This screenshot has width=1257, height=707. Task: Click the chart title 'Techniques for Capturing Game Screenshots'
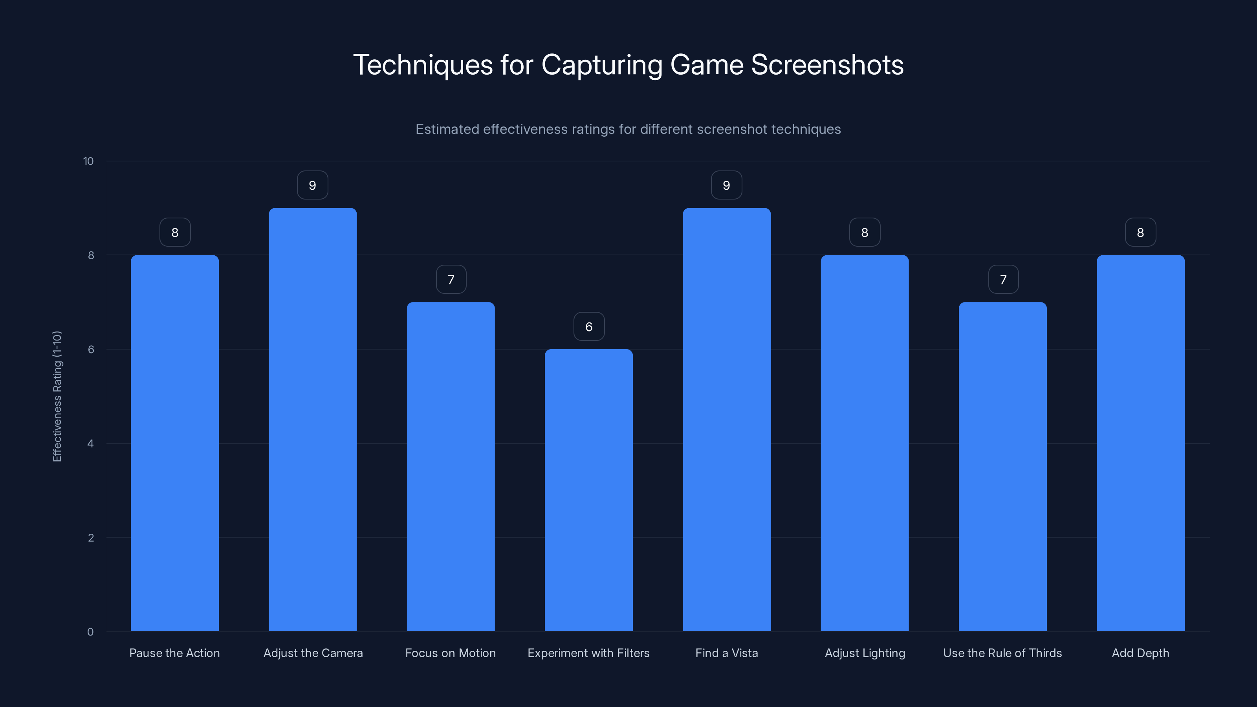[x=628, y=65]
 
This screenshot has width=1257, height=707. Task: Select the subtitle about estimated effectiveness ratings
[x=628, y=129]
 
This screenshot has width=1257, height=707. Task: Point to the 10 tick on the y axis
[x=88, y=161]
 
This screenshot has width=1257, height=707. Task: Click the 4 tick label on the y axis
[x=90, y=443]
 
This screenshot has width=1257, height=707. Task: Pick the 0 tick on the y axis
[x=90, y=632]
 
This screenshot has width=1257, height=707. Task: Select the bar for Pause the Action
[x=175, y=443]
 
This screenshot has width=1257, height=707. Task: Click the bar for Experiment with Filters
[x=588, y=490]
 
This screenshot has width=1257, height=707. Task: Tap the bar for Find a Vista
[x=727, y=419]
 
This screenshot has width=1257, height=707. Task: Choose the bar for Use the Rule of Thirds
[x=1003, y=467]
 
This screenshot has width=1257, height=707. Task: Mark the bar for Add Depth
[x=1140, y=443]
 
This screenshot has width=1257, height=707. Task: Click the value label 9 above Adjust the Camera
[x=312, y=185]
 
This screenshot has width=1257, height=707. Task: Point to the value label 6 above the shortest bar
[x=589, y=327]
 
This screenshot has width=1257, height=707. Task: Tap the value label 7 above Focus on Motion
[x=451, y=280]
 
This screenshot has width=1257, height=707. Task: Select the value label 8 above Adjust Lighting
[x=865, y=233]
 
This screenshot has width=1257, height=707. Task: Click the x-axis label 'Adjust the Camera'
[x=313, y=653]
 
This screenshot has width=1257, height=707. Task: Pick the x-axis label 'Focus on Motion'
[x=451, y=653]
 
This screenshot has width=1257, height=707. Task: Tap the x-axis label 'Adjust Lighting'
[x=865, y=653]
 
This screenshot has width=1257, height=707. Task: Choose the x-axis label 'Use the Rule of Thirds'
[x=1002, y=653]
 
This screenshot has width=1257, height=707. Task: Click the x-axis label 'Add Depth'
[x=1140, y=653]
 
